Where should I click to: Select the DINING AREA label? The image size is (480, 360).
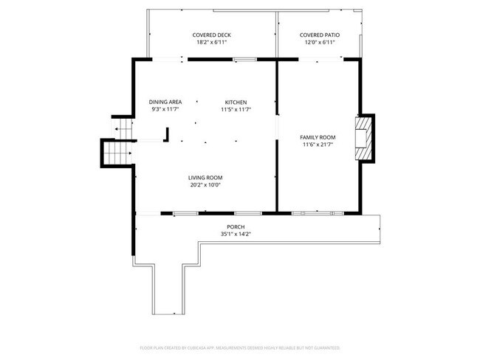click(165, 102)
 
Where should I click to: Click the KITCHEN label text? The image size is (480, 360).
click(236, 102)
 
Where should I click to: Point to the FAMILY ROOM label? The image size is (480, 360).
click(318, 137)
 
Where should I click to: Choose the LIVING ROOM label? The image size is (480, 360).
click(205, 177)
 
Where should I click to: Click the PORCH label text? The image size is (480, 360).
click(236, 226)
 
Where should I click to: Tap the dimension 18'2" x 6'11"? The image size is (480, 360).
click(211, 42)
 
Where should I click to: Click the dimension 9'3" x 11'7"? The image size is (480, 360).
click(165, 109)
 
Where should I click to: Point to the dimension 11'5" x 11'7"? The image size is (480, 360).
click(236, 109)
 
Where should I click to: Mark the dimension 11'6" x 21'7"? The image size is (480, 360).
click(318, 145)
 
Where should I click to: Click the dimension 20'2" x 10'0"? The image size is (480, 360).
click(205, 184)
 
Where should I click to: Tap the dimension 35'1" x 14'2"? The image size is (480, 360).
click(236, 234)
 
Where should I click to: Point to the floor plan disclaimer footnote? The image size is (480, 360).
click(240, 347)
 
